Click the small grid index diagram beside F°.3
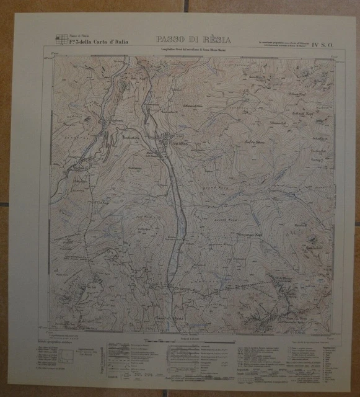[x=61, y=39]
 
